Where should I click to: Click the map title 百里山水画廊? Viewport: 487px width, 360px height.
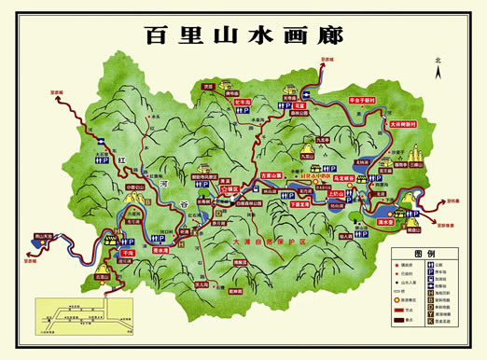pyautogui.click(x=243, y=35)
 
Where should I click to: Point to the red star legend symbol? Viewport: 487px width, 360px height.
pyautogui.click(x=397, y=267)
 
